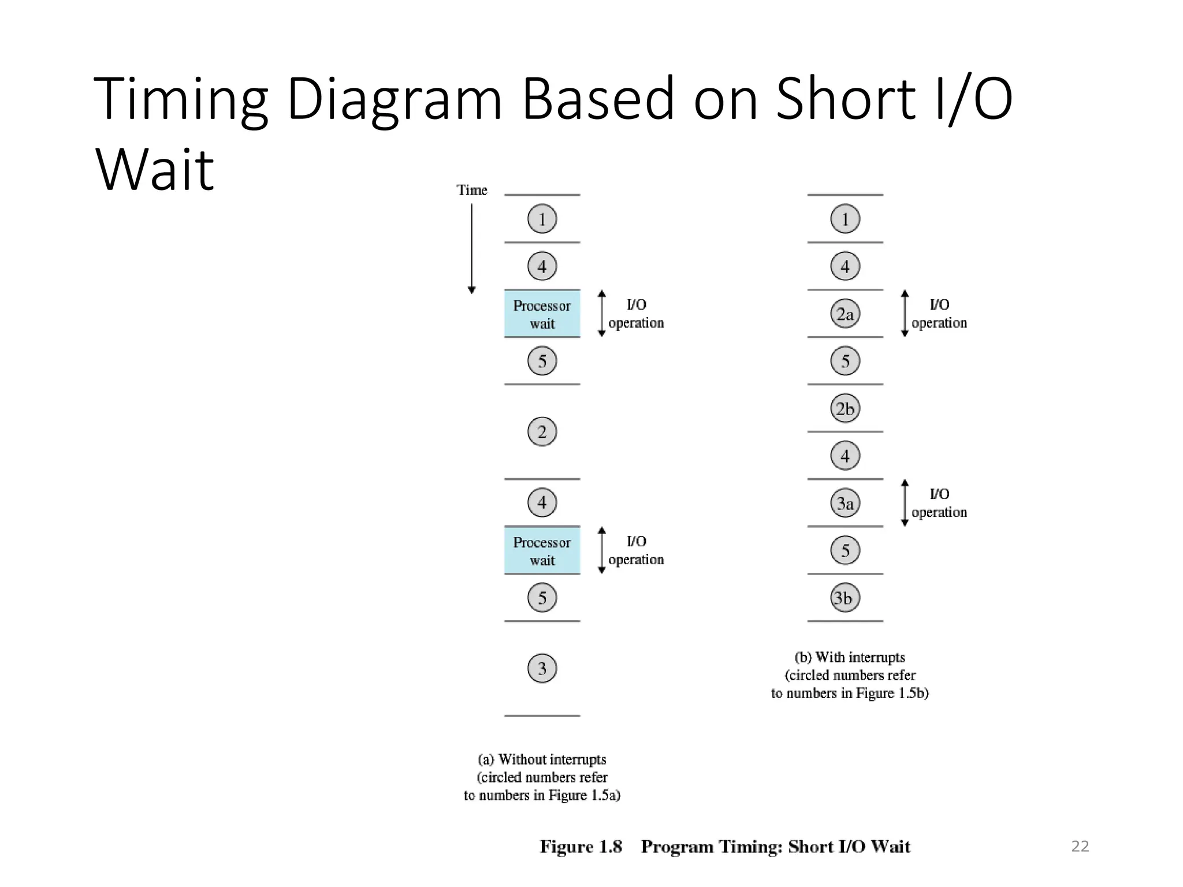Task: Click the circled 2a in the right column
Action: pos(845,314)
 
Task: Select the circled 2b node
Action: pos(845,408)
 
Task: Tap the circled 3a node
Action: pos(845,503)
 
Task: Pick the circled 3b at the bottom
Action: pos(845,598)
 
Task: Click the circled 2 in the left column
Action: pos(542,432)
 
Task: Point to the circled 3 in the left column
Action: pos(542,668)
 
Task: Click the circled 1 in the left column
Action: pos(542,219)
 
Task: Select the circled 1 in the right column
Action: pos(845,219)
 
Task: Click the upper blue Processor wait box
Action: pos(542,314)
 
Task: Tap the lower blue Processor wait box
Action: pos(542,550)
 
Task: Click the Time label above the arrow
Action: pos(472,190)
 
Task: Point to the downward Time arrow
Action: pos(472,248)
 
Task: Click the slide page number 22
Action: pos(1080,846)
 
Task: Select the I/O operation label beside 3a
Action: pos(939,503)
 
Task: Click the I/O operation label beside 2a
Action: pos(939,314)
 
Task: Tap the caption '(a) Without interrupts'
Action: pos(542,759)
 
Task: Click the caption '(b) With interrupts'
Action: pos(850,657)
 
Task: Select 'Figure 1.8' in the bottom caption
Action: pos(581,847)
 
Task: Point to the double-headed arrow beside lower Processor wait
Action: pos(601,550)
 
